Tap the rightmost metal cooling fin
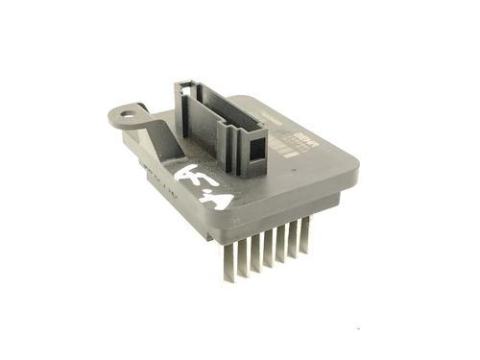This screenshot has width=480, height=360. pos(305,235)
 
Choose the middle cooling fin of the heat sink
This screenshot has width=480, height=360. pos(270,252)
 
